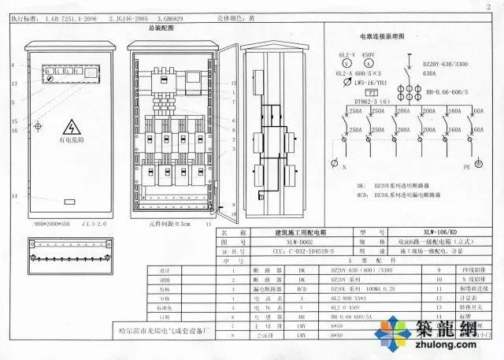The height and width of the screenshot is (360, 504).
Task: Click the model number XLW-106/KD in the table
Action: [439, 232]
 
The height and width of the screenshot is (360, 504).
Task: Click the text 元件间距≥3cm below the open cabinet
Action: [167, 225]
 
